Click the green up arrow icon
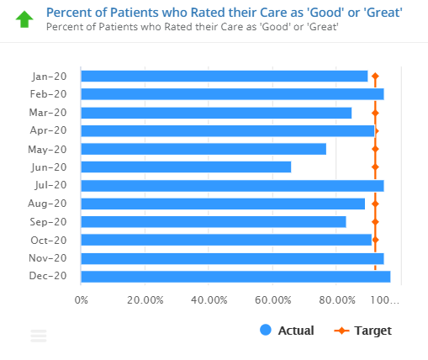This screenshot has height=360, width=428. click(24, 18)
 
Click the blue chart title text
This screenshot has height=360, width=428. click(224, 12)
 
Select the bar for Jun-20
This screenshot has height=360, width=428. click(186, 167)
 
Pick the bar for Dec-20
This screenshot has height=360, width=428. click(235, 276)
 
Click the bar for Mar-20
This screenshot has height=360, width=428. click(216, 113)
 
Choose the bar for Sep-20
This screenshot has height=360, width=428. click(214, 222)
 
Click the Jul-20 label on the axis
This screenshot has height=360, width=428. click(48, 185)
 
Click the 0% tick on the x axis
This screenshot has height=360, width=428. click(82, 300)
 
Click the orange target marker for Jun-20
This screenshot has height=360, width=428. click(375, 167)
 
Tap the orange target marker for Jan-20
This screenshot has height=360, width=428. click(375, 77)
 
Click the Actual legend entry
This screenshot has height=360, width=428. click(287, 331)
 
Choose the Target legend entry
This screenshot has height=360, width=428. click(362, 331)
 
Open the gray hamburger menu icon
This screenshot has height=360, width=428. click(39, 336)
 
